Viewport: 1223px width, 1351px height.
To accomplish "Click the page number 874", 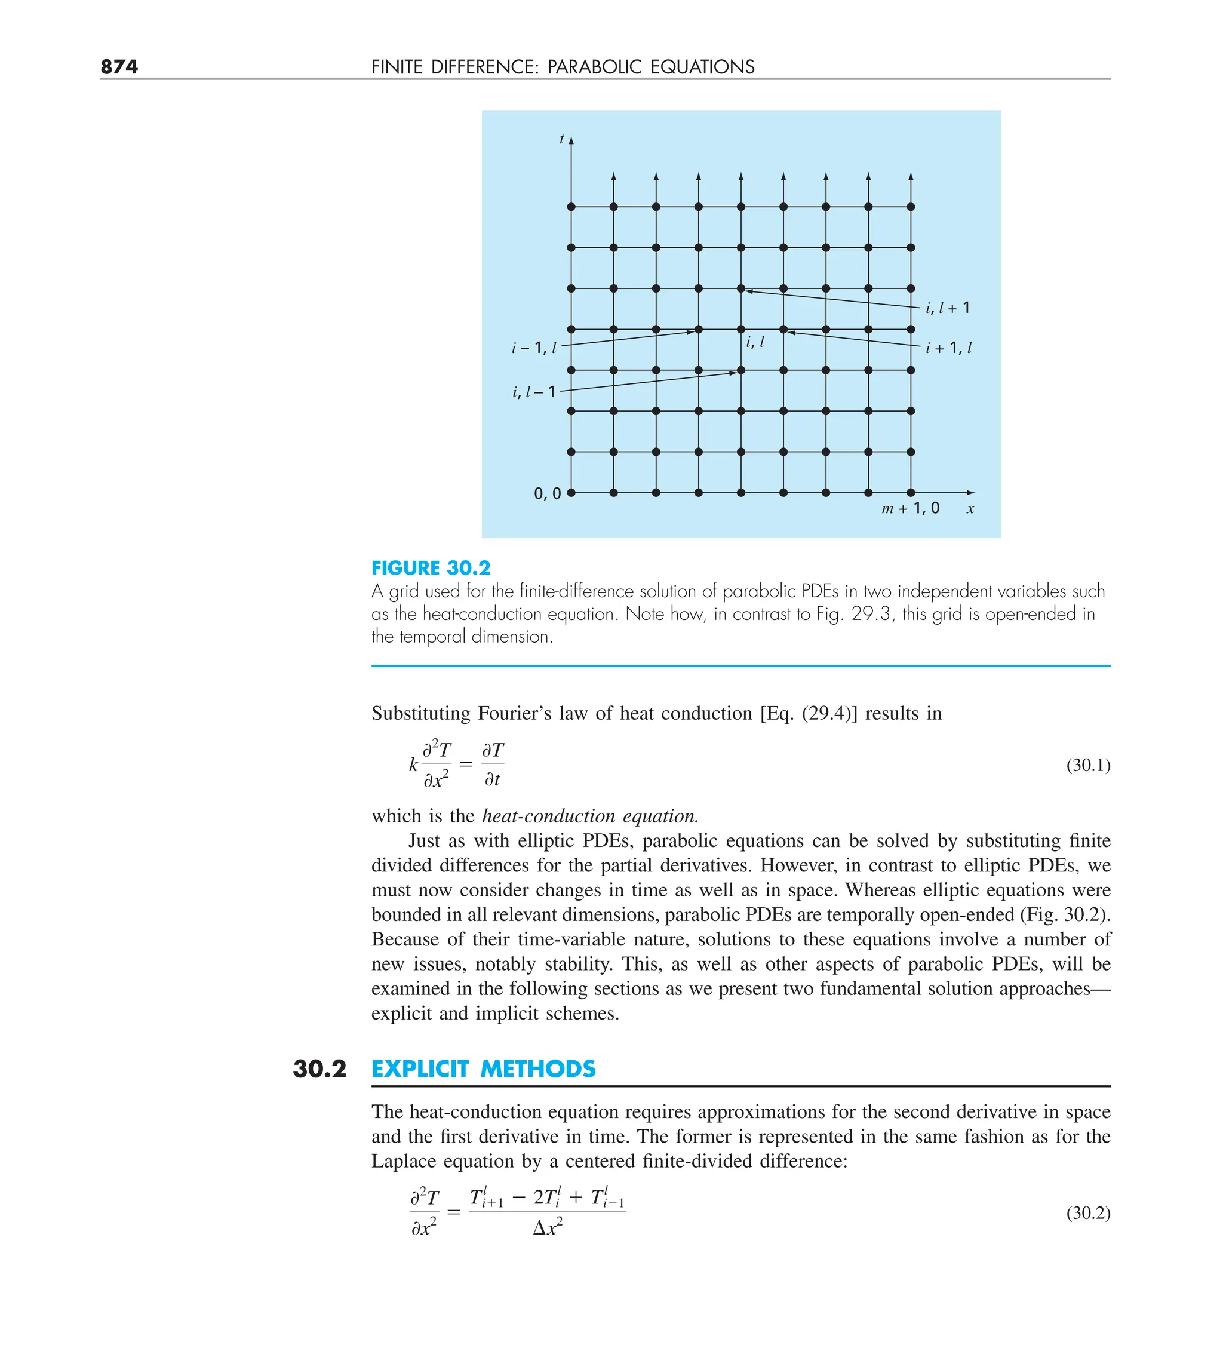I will click(119, 67).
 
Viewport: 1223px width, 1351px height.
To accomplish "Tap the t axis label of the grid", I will click(561, 139).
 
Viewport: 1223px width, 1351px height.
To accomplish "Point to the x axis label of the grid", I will click(970, 509).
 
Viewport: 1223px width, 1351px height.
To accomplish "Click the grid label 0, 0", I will click(547, 494).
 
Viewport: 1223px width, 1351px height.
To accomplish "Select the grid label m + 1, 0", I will click(910, 509).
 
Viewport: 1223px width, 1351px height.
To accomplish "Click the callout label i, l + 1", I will click(947, 308).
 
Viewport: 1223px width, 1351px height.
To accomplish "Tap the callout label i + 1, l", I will click(948, 348).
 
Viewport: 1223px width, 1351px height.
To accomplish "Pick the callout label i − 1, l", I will click(534, 348).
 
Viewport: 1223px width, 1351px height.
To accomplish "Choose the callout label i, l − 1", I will click(534, 392).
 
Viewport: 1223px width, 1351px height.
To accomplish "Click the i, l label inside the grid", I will click(755, 342).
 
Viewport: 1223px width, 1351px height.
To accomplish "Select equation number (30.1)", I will click(1087, 765).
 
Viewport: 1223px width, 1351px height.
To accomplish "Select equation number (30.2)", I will click(1087, 1213).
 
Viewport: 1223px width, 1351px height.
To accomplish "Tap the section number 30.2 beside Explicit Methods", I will click(319, 1069).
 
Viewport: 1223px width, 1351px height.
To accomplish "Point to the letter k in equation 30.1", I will click(413, 764).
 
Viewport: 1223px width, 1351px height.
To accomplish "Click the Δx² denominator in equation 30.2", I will click(548, 1228).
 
